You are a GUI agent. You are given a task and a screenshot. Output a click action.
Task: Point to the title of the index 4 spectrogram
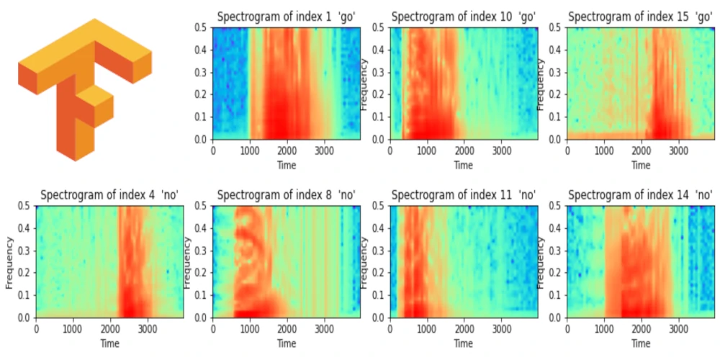(x=109, y=195)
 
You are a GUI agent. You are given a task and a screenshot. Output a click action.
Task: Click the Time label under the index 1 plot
(x=287, y=165)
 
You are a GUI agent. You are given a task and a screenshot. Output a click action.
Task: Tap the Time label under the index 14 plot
(x=641, y=343)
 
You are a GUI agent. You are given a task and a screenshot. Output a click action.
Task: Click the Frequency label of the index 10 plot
(x=364, y=84)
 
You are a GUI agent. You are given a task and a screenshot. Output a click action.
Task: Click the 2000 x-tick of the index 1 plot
(x=287, y=151)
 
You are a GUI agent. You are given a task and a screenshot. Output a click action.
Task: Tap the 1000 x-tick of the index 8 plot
(x=250, y=330)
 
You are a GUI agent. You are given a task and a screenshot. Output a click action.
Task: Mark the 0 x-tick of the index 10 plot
(x=390, y=151)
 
